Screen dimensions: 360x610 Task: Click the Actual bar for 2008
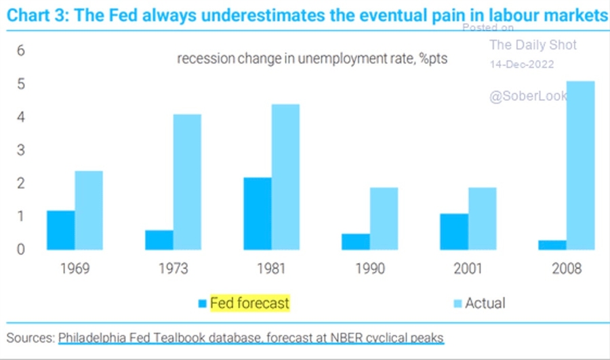pyautogui.click(x=580, y=165)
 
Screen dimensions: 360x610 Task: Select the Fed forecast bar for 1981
pyautogui.click(x=258, y=214)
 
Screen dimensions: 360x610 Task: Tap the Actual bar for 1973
pyautogui.click(x=186, y=182)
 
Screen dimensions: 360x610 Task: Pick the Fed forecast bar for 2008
pyautogui.click(x=552, y=245)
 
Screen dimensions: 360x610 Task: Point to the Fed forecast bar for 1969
pyautogui.click(x=61, y=230)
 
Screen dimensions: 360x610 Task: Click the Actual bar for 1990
pyautogui.click(x=384, y=218)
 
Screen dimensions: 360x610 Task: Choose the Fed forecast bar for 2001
pyautogui.click(x=453, y=232)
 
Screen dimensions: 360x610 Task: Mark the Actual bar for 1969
pyautogui.click(x=89, y=210)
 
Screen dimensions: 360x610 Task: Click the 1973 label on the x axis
pyautogui.click(x=173, y=269)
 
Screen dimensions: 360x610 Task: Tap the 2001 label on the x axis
pyautogui.click(x=468, y=269)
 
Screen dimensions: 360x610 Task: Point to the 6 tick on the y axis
pyautogui.click(x=20, y=51)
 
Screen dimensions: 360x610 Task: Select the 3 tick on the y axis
pyautogui.click(x=20, y=151)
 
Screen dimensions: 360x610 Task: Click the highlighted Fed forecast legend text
pyautogui.click(x=250, y=303)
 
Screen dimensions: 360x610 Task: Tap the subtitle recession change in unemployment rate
pyautogui.click(x=312, y=59)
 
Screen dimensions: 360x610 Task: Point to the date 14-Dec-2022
pyautogui.click(x=521, y=64)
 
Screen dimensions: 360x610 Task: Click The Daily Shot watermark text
pyautogui.click(x=533, y=45)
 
